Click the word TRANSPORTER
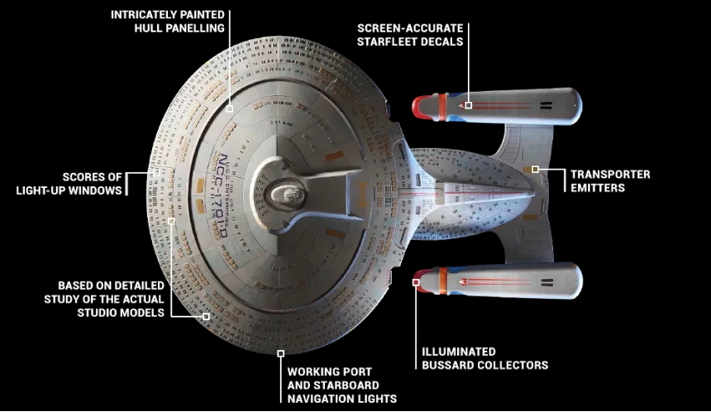[x=610, y=174]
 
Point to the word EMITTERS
[x=598, y=188]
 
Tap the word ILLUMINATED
[x=459, y=352]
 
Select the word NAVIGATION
[x=320, y=399]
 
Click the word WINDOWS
[x=96, y=191]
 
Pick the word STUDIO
[x=95, y=313]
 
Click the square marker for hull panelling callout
[x=230, y=109]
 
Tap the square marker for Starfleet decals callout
[x=469, y=105]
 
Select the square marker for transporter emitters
[x=536, y=170]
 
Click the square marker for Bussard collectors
[x=416, y=282]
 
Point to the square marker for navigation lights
[x=281, y=353]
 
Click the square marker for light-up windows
[x=156, y=173]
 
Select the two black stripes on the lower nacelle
[x=548, y=283]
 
